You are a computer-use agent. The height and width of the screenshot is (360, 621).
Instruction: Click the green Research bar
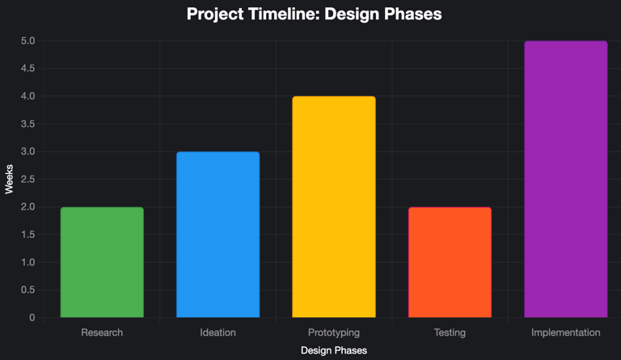tap(102, 262)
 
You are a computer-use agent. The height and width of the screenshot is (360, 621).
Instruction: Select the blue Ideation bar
tap(218, 235)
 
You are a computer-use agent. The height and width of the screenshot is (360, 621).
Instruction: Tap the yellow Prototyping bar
tap(334, 207)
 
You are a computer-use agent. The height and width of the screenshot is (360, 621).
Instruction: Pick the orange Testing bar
tap(450, 262)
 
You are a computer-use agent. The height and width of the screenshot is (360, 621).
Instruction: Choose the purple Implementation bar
tap(566, 179)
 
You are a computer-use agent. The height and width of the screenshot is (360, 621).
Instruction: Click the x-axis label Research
tap(102, 332)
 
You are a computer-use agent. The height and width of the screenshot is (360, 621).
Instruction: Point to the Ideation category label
tap(218, 332)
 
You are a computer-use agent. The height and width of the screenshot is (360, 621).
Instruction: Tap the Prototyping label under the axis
tap(334, 332)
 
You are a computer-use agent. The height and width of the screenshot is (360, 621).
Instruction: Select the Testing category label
tap(450, 332)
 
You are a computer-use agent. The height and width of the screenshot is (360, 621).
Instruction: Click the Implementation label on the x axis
tap(566, 332)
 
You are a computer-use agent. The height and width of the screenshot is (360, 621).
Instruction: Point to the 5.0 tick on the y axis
tap(28, 40)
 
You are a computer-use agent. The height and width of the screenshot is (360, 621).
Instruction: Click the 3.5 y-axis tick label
tap(28, 124)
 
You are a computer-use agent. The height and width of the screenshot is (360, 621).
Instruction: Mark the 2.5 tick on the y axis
tap(28, 180)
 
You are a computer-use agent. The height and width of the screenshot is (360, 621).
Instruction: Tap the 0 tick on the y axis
tap(32, 318)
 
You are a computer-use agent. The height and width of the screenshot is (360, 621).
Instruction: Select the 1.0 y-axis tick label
tap(28, 262)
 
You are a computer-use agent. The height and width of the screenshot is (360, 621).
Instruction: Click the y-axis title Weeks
tap(9, 179)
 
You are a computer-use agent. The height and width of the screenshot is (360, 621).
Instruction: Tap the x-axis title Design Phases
tap(334, 350)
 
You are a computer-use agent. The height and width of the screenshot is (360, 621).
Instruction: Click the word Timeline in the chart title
tap(283, 14)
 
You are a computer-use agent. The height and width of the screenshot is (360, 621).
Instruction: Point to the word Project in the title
tap(215, 15)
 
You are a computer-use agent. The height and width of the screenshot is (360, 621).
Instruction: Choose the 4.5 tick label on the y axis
tap(28, 69)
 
